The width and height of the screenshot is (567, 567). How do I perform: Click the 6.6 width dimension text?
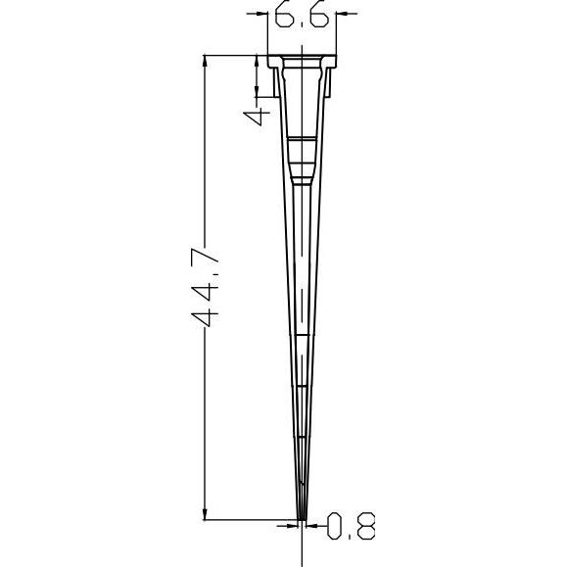302,14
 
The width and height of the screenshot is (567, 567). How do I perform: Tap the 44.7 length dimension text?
205,288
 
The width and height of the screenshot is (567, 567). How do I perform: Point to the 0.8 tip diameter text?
351,526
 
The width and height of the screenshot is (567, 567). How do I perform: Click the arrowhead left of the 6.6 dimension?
261,14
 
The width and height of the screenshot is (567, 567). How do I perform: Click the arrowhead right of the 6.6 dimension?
342,14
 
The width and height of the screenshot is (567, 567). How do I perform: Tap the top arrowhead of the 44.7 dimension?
205,61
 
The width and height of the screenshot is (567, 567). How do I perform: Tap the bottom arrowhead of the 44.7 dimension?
205,514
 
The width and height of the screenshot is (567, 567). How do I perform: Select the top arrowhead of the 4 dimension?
257,61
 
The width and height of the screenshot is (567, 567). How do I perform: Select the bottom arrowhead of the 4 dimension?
257,91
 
